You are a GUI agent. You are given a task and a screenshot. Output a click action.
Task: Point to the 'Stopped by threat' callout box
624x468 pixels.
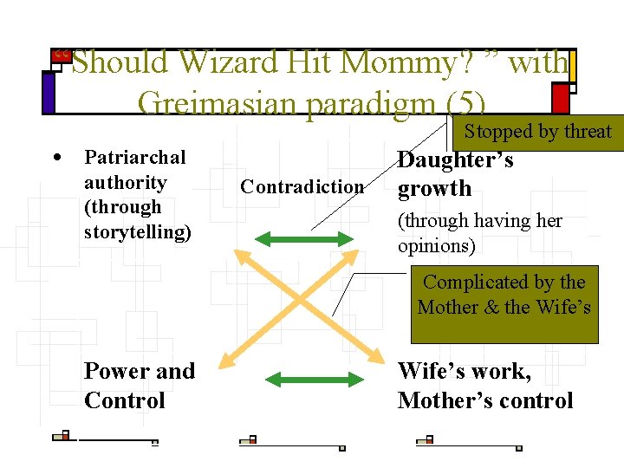pos(537,132)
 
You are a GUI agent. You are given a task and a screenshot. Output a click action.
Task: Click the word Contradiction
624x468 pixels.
pos(302,187)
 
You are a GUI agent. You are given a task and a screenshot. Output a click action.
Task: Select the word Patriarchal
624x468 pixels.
pos(134,158)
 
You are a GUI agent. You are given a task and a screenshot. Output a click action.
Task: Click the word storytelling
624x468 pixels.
pos(137,232)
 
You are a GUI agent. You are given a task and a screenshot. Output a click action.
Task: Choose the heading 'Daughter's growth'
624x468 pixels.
pos(454,173)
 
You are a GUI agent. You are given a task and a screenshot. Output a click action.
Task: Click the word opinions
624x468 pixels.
pos(436,246)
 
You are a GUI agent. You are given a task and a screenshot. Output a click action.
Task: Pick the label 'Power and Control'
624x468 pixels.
pos(139,386)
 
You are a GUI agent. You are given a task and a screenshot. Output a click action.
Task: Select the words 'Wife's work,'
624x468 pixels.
pos(464,371)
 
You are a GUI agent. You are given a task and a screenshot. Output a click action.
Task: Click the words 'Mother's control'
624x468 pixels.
pos(485,400)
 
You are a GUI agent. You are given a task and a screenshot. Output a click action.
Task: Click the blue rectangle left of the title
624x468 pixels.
pos(48,93)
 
